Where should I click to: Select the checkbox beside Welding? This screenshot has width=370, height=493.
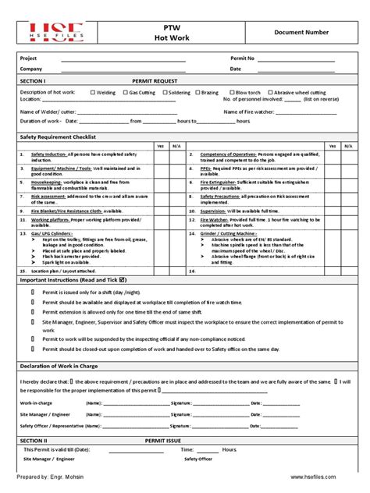click(92, 92)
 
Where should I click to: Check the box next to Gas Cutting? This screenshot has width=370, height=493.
click(124, 92)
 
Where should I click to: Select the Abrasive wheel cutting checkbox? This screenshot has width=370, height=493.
click(275, 92)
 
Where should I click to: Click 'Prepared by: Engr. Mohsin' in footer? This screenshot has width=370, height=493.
click(50, 476)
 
